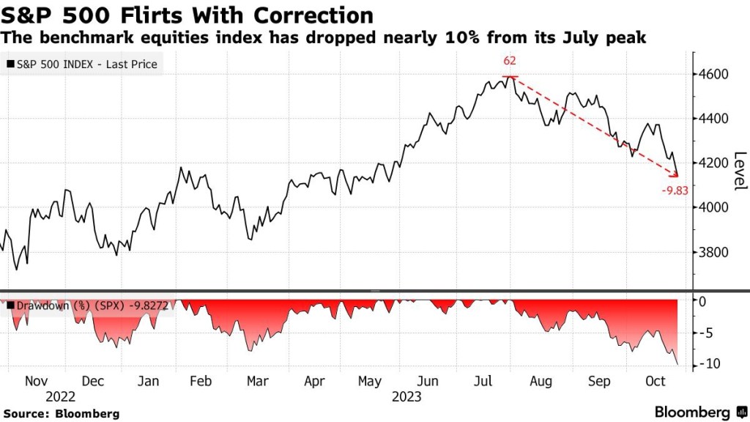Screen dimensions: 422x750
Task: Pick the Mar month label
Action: click(x=256, y=382)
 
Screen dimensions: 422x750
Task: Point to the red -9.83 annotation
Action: click(x=674, y=190)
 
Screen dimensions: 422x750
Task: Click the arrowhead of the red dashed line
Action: click(x=676, y=175)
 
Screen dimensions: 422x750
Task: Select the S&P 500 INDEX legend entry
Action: click(x=81, y=64)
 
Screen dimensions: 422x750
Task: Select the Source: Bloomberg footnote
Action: click(x=60, y=414)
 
